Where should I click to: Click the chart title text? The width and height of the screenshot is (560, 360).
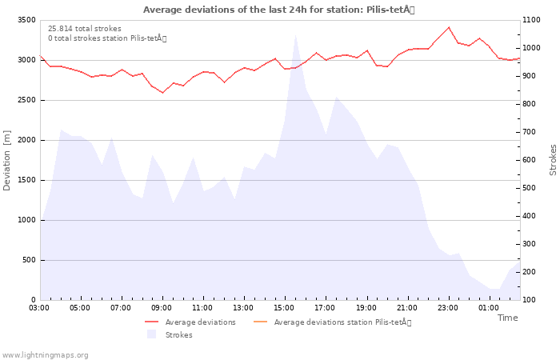pyautogui.click(x=279, y=10)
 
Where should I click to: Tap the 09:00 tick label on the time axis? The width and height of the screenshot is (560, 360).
pyautogui.click(x=162, y=308)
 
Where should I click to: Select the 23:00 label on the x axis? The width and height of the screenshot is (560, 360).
pyautogui.click(x=448, y=308)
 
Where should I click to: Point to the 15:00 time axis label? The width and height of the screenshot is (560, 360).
pyautogui.click(x=284, y=308)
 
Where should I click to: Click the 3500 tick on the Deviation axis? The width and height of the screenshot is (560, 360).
pyautogui.click(x=27, y=20)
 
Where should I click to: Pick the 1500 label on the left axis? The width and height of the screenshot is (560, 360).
pyautogui.click(x=27, y=180)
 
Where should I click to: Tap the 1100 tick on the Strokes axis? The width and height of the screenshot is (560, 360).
pyautogui.click(x=531, y=20)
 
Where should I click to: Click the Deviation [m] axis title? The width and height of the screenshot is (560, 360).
pyautogui.click(x=6, y=160)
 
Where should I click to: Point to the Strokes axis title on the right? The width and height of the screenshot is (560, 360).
pyautogui.click(x=553, y=160)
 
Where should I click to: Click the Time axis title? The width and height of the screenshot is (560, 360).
pyautogui.click(x=507, y=318)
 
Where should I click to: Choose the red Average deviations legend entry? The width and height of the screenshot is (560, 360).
pyautogui.click(x=190, y=322)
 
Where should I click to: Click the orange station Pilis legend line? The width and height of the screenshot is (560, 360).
pyautogui.click(x=260, y=322)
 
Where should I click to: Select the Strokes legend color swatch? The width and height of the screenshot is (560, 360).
pyautogui.click(x=152, y=334)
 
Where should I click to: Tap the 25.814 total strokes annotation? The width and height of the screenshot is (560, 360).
pyautogui.click(x=85, y=29)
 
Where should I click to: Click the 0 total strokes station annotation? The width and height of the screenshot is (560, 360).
pyautogui.click(x=107, y=38)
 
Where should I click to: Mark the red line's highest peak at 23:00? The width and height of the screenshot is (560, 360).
pyautogui.click(x=449, y=27)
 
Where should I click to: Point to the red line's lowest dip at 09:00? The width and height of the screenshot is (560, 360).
pyautogui.click(x=162, y=93)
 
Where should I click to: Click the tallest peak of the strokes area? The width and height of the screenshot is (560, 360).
pyautogui.click(x=295, y=35)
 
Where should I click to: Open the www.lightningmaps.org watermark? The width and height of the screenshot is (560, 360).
pyautogui.click(x=45, y=355)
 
